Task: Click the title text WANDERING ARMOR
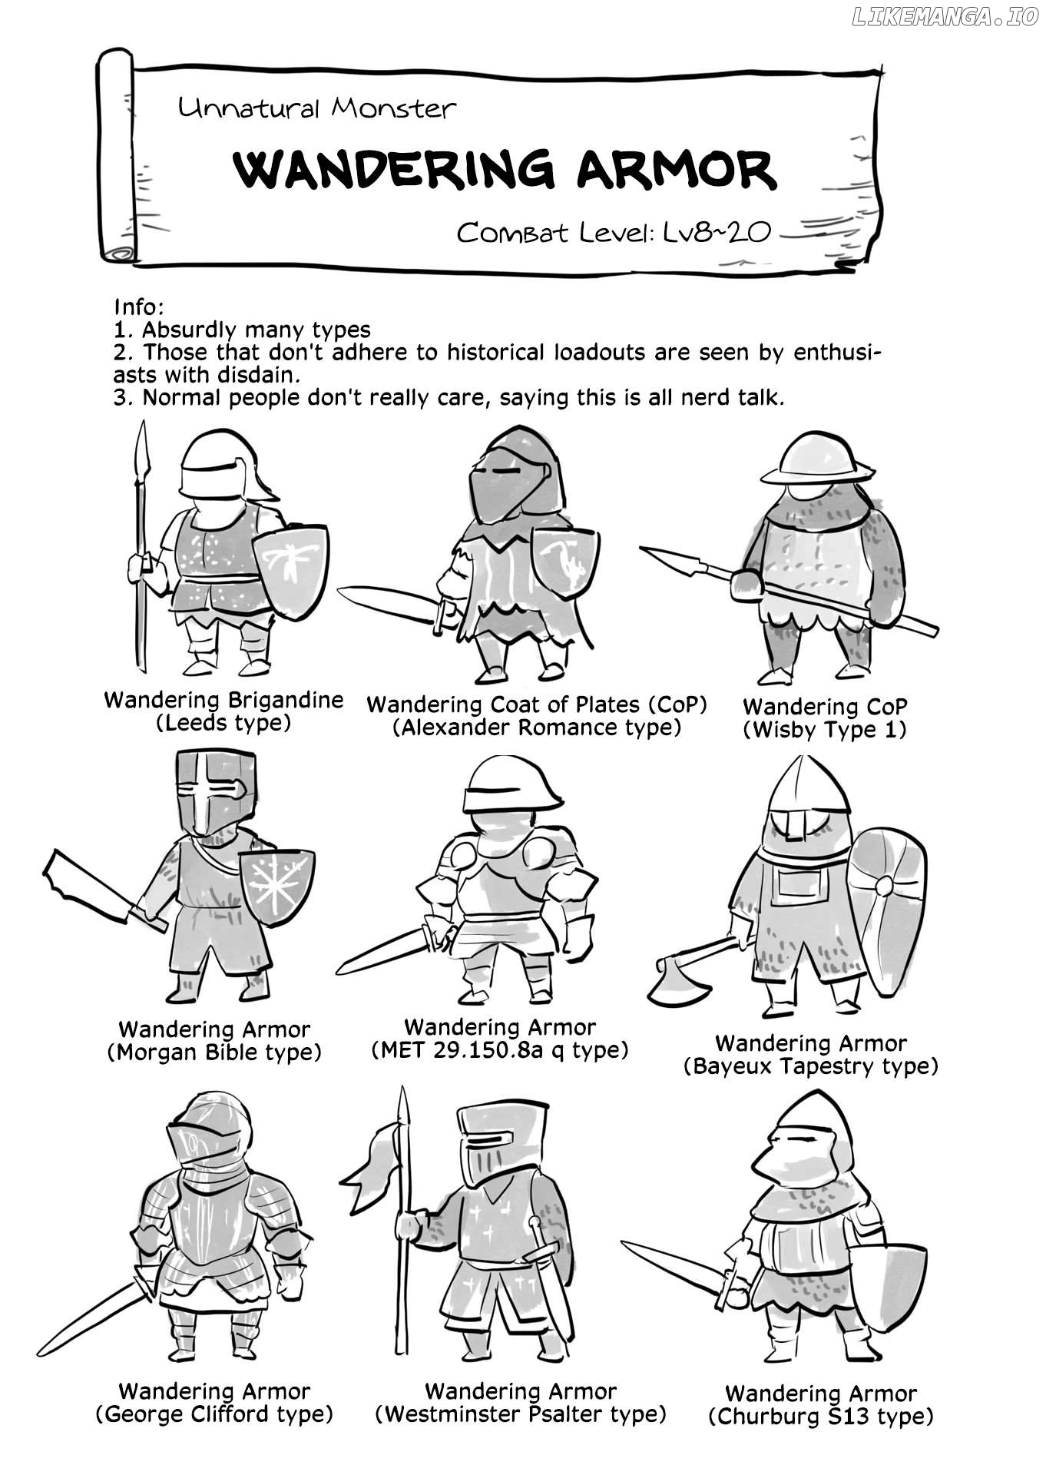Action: (505, 170)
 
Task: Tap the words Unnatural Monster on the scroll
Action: (317, 108)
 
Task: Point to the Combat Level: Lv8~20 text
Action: (613, 231)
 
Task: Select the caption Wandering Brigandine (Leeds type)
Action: (223, 711)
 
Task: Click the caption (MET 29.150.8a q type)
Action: (500, 1049)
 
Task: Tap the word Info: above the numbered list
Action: (139, 307)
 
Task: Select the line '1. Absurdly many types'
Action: (242, 330)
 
